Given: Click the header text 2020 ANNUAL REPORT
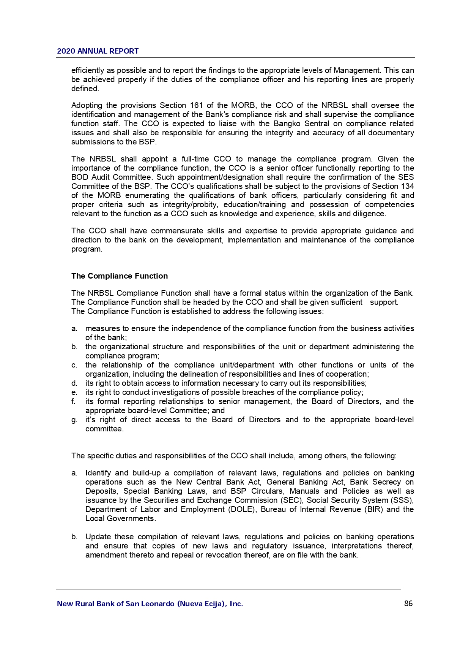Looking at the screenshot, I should point(98,51).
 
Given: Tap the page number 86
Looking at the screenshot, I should point(408,604).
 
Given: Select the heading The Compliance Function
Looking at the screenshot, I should point(120,276).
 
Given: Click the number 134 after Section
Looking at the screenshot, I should point(407,186).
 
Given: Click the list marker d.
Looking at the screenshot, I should point(74,383).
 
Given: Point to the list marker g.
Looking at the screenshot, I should point(74,420).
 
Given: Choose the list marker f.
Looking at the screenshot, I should point(74,401).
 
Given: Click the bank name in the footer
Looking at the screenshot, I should point(150,604).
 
